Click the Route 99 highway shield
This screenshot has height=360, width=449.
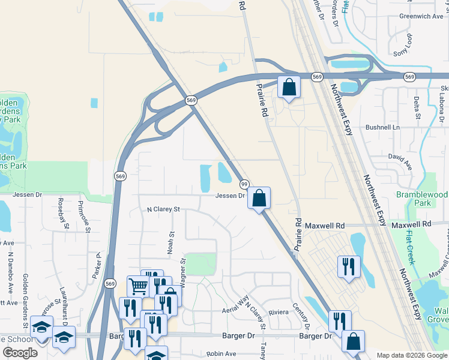pyautogui.click(x=244, y=183)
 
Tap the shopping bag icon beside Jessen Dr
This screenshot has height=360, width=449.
pyautogui.click(x=259, y=199)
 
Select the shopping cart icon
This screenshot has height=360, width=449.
pyautogui.click(x=138, y=287)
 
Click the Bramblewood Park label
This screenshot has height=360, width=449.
pyautogui.click(x=422, y=199)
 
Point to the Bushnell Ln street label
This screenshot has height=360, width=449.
pyautogui.click(x=383, y=128)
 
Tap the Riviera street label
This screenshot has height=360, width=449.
pyautogui.click(x=279, y=312)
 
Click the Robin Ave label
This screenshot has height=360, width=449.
pyautogui.click(x=220, y=355)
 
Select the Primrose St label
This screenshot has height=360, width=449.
pyautogui.click(x=83, y=216)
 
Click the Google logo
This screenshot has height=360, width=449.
pyautogui.click(x=20, y=352)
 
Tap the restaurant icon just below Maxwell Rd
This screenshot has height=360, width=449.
pyautogui.click(x=349, y=266)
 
